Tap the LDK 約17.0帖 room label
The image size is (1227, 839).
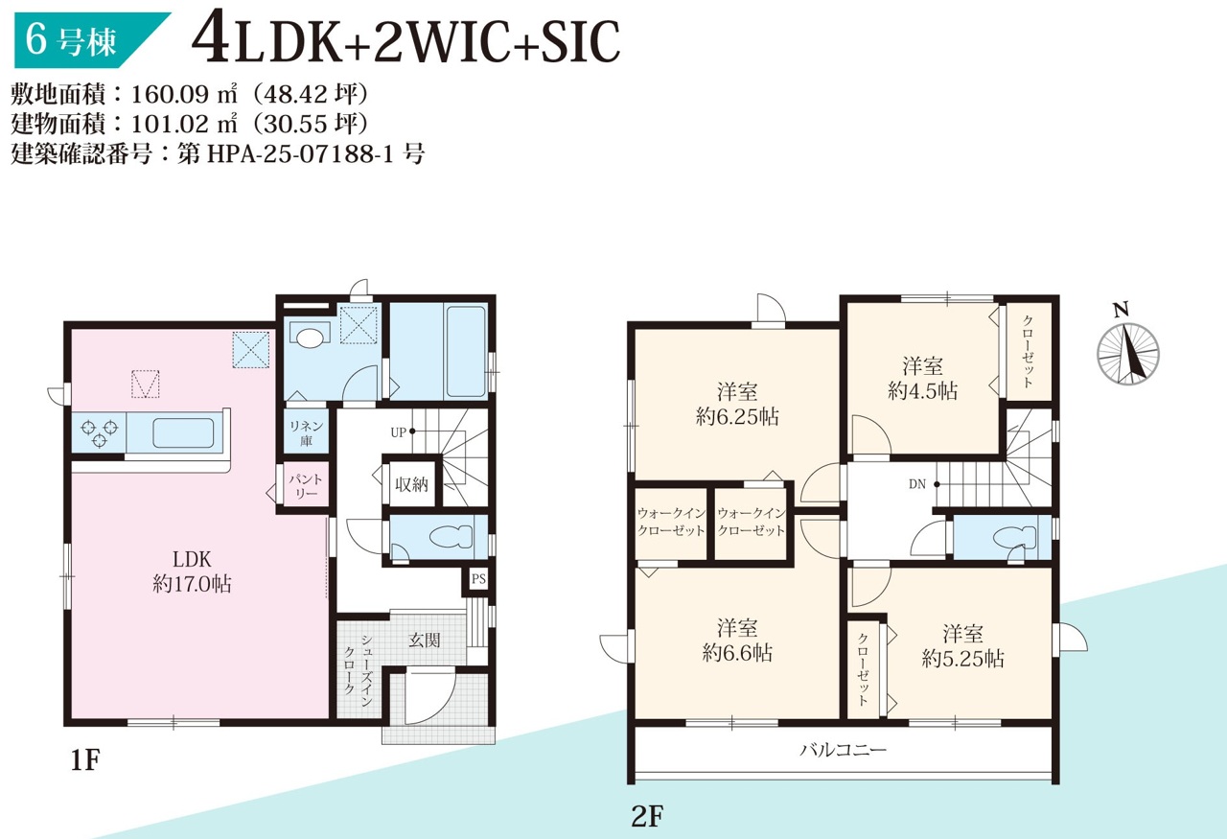192,571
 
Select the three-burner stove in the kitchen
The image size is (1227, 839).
99,432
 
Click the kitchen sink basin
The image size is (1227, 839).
183,433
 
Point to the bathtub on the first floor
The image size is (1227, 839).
466,351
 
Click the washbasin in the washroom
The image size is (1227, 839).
310,335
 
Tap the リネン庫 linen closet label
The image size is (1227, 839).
306,433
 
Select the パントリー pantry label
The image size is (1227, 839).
306,485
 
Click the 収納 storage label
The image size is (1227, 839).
411,484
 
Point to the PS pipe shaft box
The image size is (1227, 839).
478,579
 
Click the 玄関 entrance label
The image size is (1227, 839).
424,640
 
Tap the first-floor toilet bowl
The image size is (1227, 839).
451,537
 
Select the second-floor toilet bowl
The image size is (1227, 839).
1014,538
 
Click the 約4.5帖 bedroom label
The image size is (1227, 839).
922,391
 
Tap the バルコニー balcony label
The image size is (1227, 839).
843,749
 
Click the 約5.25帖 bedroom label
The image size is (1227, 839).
963,658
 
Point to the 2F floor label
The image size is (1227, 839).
647,816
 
